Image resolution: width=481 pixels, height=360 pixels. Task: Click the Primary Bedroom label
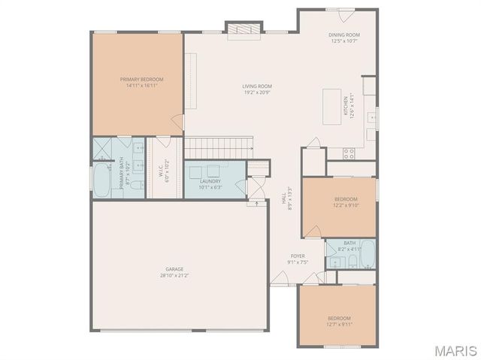(x=141, y=79)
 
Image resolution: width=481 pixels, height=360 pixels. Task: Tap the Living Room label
(x=257, y=86)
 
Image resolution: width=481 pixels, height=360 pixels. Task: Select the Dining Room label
(x=344, y=35)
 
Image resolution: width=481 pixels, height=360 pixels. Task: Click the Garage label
(x=174, y=269)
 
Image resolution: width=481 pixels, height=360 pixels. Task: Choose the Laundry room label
(x=210, y=181)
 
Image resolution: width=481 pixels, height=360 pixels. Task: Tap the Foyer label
(x=298, y=256)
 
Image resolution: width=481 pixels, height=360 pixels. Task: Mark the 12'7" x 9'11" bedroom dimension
(x=338, y=324)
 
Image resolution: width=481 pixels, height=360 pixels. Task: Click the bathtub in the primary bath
(x=99, y=180)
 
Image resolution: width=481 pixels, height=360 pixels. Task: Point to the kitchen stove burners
(x=349, y=153)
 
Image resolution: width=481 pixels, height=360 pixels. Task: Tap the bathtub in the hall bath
(x=367, y=256)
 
